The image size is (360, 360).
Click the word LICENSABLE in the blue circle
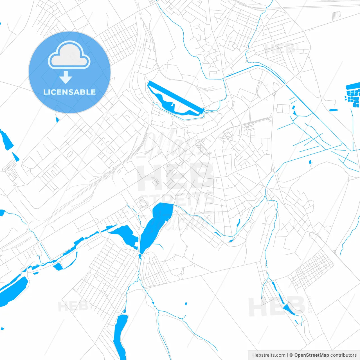tap(69, 92)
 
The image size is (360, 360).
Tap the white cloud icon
tap(69, 55)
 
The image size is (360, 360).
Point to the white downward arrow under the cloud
tap(66, 77)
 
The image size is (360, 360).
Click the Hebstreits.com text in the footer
tap(269, 355)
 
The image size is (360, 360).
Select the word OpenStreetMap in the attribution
tap(311, 355)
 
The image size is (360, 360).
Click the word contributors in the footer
tap(343, 355)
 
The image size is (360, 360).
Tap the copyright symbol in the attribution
tap(291, 355)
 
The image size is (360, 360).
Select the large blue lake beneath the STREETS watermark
tap(156, 225)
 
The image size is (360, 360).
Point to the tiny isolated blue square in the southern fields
tap(186, 303)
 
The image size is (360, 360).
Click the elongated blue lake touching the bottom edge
tap(120, 335)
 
